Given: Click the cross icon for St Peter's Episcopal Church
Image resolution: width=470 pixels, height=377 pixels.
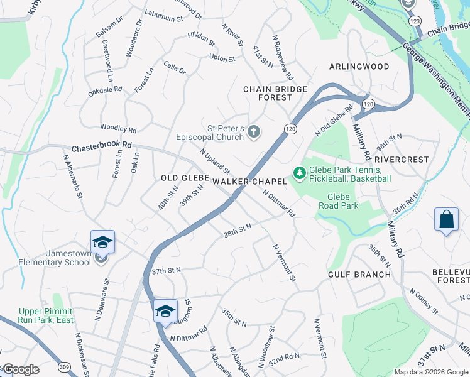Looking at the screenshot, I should click(x=254, y=131).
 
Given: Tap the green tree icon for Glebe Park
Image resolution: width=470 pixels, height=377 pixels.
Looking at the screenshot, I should click(x=300, y=172).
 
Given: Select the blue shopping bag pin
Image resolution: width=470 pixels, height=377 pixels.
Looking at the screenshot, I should click(x=445, y=221).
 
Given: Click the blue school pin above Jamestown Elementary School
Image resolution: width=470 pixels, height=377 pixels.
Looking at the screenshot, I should click(x=103, y=241).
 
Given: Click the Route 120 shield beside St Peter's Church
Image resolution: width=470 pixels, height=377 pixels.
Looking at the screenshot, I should click(x=290, y=128).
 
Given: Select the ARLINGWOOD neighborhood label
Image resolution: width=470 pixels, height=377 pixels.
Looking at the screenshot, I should click(x=359, y=67).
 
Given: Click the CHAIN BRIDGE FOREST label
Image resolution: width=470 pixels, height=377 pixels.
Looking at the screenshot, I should click(x=276, y=93).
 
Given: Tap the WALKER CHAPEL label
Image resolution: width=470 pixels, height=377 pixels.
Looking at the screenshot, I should click(x=249, y=181).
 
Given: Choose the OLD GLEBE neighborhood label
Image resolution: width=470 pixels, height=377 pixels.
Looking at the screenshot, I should click(x=185, y=178).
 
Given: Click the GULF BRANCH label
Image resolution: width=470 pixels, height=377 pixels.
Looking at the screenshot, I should click(x=359, y=275).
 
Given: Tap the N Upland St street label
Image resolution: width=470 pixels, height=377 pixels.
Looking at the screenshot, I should click(x=215, y=161).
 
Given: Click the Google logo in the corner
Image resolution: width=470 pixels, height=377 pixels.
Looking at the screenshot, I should click(x=20, y=369).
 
